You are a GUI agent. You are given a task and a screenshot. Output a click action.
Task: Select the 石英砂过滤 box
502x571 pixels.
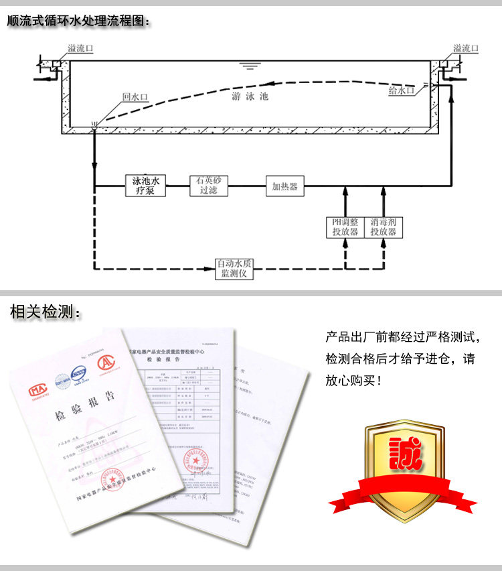click(209, 186)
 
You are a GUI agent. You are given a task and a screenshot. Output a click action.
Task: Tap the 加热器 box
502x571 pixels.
click(285, 186)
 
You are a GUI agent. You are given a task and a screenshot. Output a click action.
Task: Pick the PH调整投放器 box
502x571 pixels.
click(345, 227)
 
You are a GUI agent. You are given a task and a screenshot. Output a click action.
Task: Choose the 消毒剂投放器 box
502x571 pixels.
click(384, 227)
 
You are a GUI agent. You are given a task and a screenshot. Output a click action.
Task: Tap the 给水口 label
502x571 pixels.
click(402, 90)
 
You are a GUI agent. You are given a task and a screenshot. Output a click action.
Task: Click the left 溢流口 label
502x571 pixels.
click(80, 49)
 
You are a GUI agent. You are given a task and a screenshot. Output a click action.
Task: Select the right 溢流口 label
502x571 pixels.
click(466, 49)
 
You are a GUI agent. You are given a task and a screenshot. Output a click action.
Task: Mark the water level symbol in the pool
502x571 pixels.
click(250, 66)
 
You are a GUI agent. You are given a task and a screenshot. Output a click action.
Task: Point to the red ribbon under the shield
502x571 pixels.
click(402, 493)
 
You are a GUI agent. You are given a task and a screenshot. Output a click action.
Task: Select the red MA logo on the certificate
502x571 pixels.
click(37, 391)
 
